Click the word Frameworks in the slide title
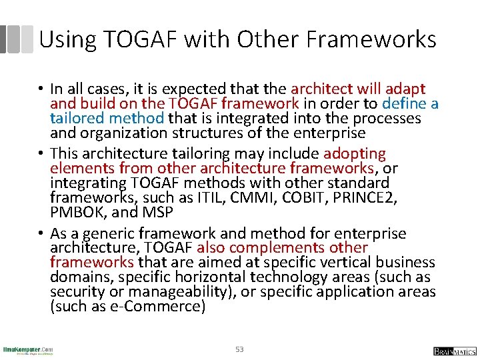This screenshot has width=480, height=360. pos(372,39)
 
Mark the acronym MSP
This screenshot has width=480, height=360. pos(159,212)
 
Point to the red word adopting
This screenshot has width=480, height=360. pos(355,153)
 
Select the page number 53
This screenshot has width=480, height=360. pos(239,349)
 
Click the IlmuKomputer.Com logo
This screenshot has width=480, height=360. pos(28,350)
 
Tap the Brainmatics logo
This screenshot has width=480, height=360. pos(455,351)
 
